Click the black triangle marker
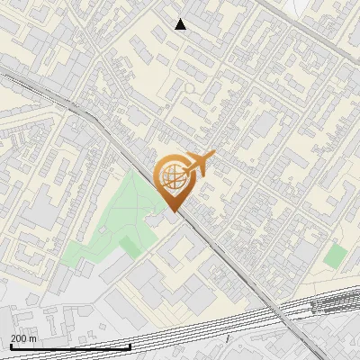[181, 24]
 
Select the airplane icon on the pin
[196, 165]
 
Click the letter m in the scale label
[34, 338]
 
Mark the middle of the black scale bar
[70, 346]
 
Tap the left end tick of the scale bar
[10, 346]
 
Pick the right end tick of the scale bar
[130, 346]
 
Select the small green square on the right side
[335, 256]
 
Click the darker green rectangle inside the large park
[131, 245]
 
